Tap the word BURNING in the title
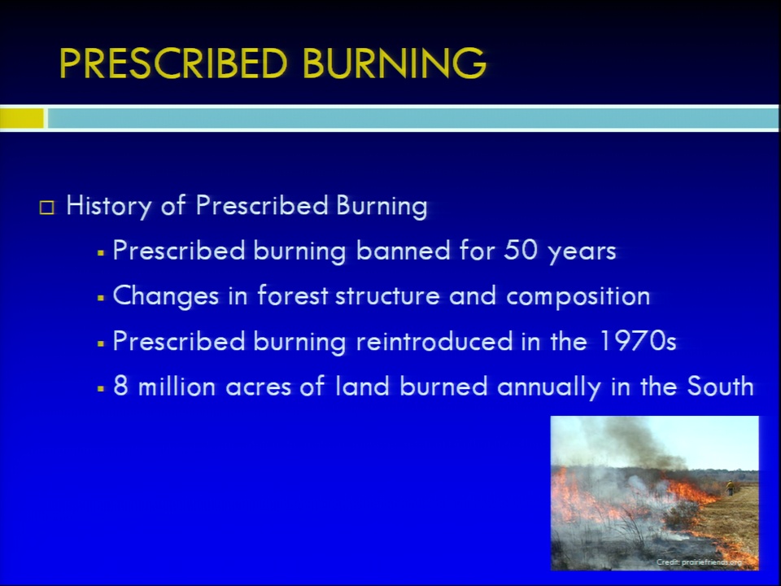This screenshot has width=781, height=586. [x=394, y=63]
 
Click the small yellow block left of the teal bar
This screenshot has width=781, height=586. [x=22, y=119]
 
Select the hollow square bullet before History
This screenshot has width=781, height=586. [x=47, y=208]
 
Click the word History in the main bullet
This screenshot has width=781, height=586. [x=108, y=206]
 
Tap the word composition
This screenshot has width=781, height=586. [x=578, y=296]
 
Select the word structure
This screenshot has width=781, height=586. [x=387, y=295]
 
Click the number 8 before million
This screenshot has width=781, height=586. [x=120, y=386]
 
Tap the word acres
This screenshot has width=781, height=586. [x=258, y=387]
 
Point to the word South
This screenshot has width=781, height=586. [x=720, y=386]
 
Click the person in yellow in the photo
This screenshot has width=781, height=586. [x=731, y=488]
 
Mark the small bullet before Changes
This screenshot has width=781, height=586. [x=101, y=298]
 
